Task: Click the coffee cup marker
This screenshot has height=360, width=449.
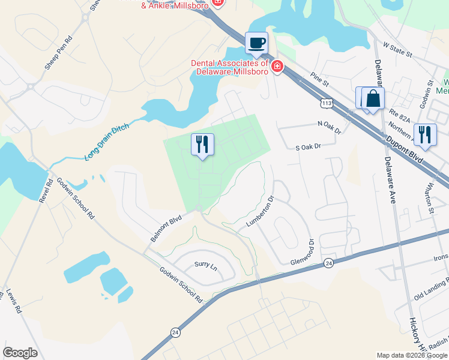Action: tap(257, 43)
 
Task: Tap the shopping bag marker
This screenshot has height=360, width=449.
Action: tap(373, 98)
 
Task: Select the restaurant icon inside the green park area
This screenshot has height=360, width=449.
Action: tap(202, 144)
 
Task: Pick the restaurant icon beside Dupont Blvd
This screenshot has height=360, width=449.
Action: tap(425, 134)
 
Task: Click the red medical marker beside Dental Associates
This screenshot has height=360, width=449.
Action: tap(277, 66)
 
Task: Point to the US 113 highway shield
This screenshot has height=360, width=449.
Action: tap(327, 103)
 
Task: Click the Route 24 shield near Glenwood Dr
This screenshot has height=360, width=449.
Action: tap(328, 263)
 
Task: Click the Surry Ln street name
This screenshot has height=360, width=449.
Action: tap(205, 265)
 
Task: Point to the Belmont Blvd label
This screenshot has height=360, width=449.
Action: tap(166, 230)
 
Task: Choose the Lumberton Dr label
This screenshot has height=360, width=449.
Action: tap(261, 211)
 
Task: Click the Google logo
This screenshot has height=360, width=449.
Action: tap(20, 353)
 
